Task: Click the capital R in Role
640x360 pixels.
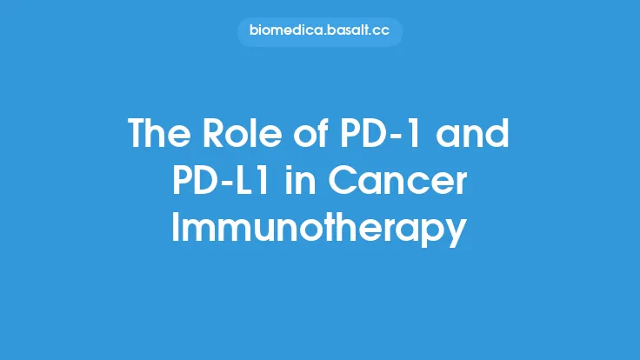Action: (210, 135)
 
